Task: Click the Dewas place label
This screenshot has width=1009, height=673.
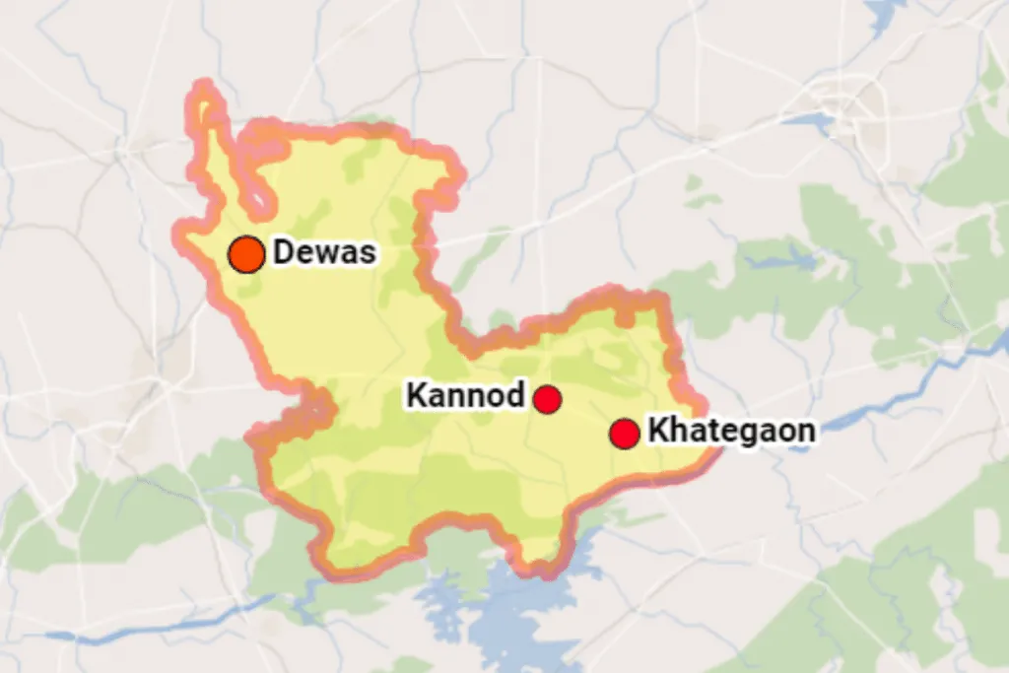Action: point(324,252)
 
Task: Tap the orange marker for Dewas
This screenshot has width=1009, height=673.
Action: point(246,254)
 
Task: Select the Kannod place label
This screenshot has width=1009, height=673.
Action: point(465,396)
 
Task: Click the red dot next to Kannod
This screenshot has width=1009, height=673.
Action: point(548,399)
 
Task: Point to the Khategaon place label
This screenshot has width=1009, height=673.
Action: point(731,431)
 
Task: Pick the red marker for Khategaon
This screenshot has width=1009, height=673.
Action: point(624,433)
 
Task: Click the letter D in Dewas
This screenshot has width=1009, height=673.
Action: point(285,252)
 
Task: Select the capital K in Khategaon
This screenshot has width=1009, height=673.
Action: point(657,431)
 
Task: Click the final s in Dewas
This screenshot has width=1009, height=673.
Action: point(368,253)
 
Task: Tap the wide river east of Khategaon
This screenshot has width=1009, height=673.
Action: point(887,394)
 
